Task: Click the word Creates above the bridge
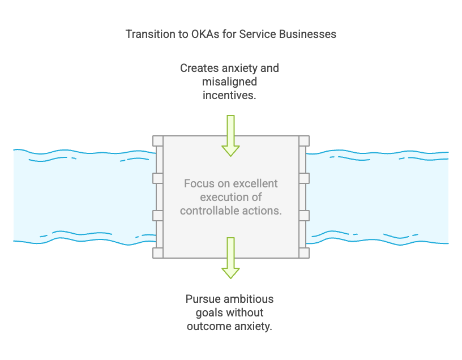(199, 68)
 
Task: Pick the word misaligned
(230, 82)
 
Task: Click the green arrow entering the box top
(230, 136)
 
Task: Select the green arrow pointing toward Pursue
(230, 258)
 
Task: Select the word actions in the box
(266, 211)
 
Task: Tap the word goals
(209, 312)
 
